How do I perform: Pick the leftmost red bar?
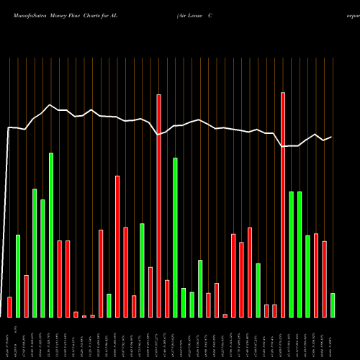[x=9, y=307]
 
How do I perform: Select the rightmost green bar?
[x=332, y=305]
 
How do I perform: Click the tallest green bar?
[x=51, y=235]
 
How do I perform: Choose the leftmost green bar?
[x=18, y=276]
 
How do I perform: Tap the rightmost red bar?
[x=324, y=279]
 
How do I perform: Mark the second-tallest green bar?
[x=175, y=237]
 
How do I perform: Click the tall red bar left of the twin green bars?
[x=283, y=204]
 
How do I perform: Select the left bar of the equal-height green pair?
[x=291, y=254]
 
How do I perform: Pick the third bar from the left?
[x=26, y=296]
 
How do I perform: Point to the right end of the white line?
[x=331, y=137]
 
